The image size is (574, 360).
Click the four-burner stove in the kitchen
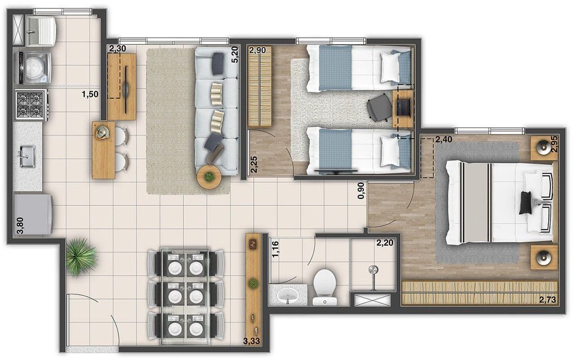pos(31,105)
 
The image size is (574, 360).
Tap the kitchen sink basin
pos(27,156)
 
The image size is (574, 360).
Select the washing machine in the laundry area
pos(34,67)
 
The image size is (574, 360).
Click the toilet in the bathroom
pos(325,287)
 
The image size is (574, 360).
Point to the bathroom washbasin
pos(288,295)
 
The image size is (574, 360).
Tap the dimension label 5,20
pos(235,54)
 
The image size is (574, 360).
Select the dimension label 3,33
pos(252,341)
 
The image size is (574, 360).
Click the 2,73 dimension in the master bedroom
pos(548,299)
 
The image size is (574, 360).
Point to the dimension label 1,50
pos(90,94)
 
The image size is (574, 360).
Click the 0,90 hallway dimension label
pos(361,191)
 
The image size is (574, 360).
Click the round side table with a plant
pos(210,177)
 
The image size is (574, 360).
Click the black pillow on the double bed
pos(526,202)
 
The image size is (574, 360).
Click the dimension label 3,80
pos(21,225)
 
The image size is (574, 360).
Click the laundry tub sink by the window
pos(41,29)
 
